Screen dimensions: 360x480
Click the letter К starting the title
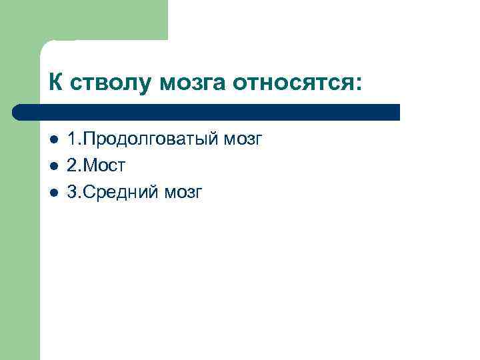click(x=55, y=83)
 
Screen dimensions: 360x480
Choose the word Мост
click(x=104, y=167)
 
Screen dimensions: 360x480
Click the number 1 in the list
click(x=72, y=140)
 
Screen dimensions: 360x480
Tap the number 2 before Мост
click(x=72, y=166)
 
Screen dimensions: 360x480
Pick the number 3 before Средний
click(x=72, y=192)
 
